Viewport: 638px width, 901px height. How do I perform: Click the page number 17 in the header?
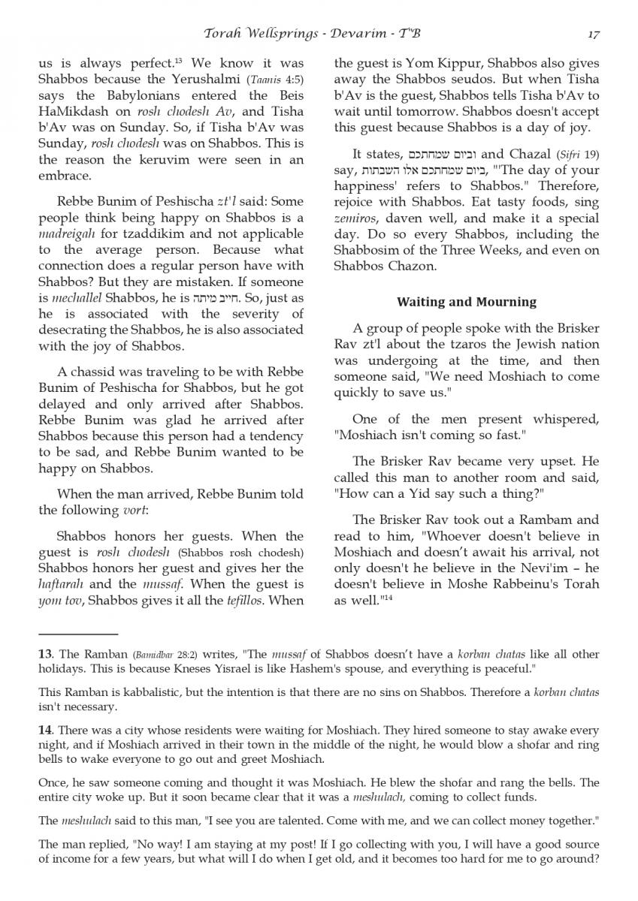pyautogui.click(x=593, y=33)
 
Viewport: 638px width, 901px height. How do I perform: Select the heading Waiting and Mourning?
pyautogui.click(x=466, y=302)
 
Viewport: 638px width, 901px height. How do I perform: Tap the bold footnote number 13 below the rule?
pyautogui.click(x=44, y=653)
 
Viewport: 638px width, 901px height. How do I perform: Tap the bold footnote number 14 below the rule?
pyautogui.click(x=45, y=729)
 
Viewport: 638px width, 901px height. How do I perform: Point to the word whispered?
pyautogui.click(x=564, y=419)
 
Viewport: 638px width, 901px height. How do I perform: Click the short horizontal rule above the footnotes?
pyautogui.click(x=78, y=634)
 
